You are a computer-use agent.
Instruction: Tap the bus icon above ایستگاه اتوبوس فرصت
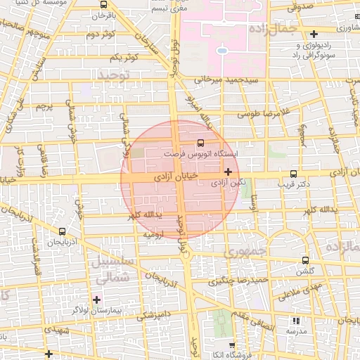(x=202, y=142)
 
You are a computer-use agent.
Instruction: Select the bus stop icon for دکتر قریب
(x=293, y=174)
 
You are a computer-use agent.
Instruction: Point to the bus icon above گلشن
(x=304, y=260)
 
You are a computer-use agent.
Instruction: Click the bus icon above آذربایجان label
(x=63, y=231)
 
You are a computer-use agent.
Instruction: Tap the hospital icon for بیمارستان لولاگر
(x=96, y=300)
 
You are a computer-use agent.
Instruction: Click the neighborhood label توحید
(x=115, y=75)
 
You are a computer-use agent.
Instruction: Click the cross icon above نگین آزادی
(x=228, y=171)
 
